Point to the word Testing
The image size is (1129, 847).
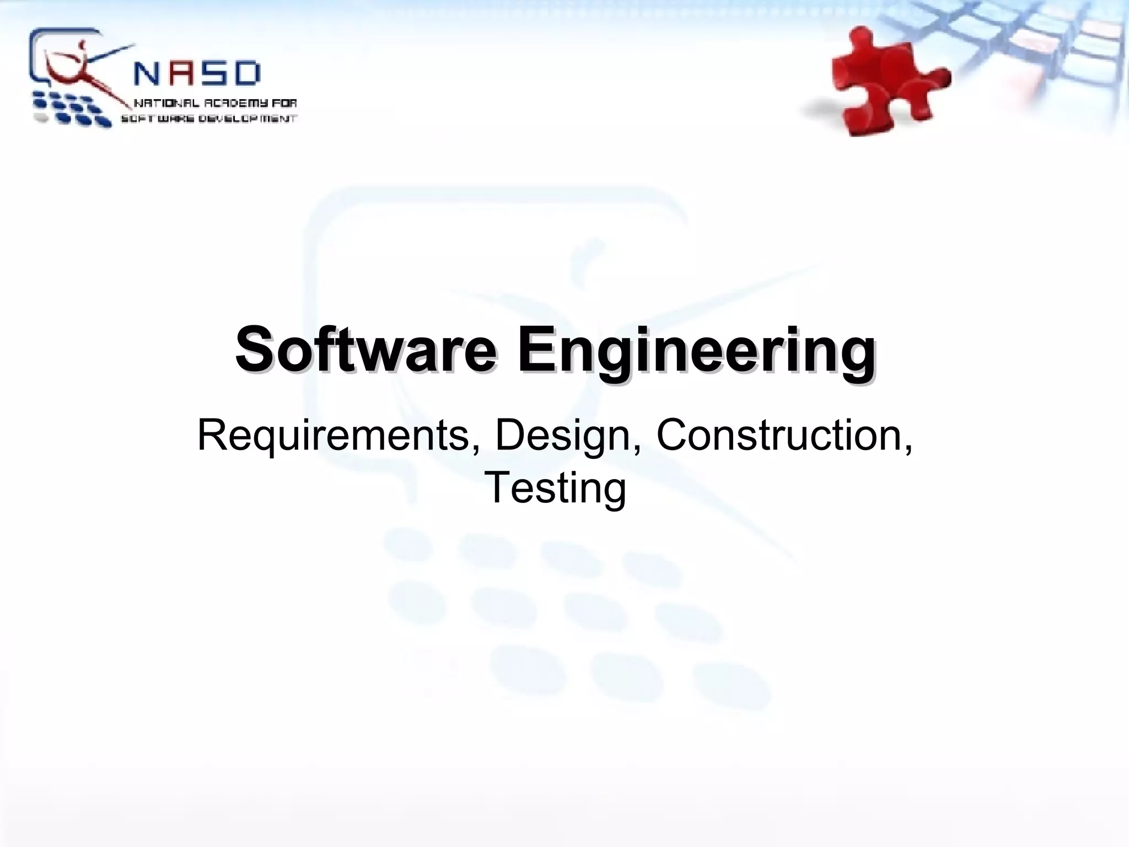click(555, 488)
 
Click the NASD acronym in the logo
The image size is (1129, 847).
click(197, 74)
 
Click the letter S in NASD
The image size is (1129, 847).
click(211, 74)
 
